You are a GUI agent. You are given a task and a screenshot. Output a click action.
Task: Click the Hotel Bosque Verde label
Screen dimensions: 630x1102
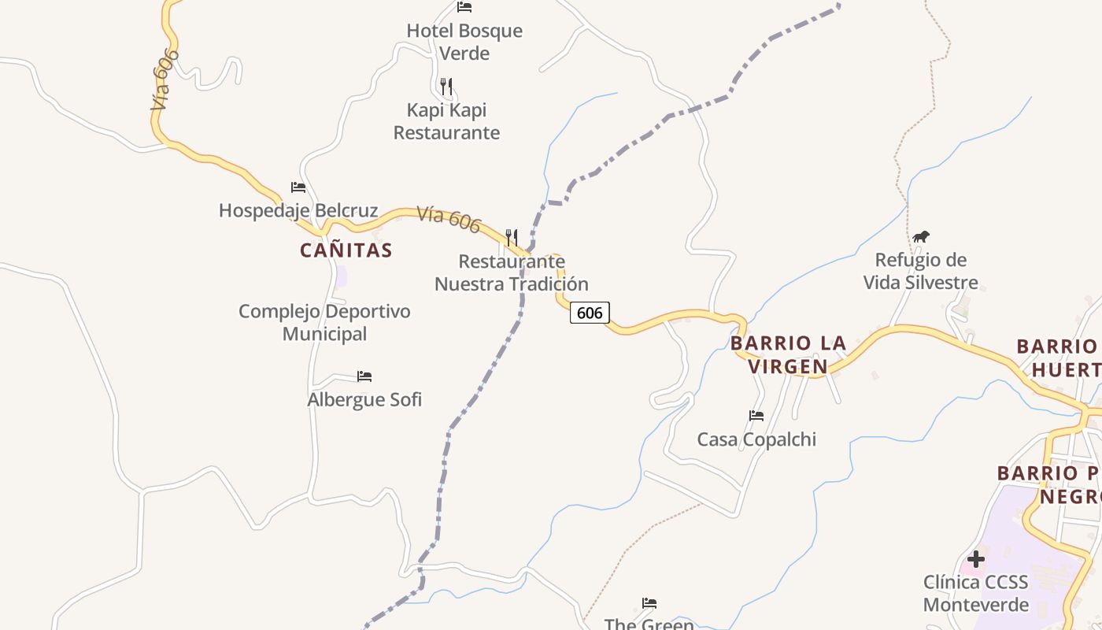pyautogui.click(x=464, y=42)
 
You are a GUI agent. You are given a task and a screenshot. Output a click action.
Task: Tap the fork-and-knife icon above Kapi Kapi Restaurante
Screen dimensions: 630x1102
pyautogui.click(x=446, y=86)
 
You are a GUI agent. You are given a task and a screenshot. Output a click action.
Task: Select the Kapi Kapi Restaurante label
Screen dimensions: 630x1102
pyautogui.click(x=446, y=120)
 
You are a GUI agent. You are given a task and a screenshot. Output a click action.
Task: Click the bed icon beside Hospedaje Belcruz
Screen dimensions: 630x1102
pyautogui.click(x=298, y=187)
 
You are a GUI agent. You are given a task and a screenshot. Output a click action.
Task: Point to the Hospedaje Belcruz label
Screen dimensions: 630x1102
pyautogui.click(x=298, y=211)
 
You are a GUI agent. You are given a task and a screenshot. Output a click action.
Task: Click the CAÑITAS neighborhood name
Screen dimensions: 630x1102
pyautogui.click(x=346, y=250)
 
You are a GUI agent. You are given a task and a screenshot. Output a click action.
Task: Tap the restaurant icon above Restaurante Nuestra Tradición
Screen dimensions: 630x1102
pyautogui.click(x=512, y=236)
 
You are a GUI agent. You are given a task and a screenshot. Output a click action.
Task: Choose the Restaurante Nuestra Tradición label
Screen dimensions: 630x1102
pyautogui.click(x=512, y=272)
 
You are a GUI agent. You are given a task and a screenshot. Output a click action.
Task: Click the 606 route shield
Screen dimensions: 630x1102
pyautogui.click(x=590, y=313)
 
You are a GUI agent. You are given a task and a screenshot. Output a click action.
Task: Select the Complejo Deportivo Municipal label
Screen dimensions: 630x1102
pyautogui.click(x=324, y=322)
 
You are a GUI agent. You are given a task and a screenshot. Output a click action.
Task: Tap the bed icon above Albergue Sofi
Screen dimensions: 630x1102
pyautogui.click(x=364, y=376)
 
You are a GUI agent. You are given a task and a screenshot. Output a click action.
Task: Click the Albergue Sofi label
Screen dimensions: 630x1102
pyautogui.click(x=364, y=400)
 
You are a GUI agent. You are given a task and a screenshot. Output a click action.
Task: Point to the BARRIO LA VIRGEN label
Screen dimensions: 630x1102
pyautogui.click(x=788, y=354)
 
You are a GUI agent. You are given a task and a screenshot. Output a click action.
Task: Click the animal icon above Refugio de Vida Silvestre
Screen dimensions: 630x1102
pyautogui.click(x=921, y=236)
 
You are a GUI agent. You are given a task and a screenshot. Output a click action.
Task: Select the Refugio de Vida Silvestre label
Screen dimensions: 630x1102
pyautogui.click(x=921, y=271)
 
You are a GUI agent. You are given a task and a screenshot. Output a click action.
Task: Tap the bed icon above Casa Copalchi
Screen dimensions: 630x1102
pyautogui.click(x=756, y=416)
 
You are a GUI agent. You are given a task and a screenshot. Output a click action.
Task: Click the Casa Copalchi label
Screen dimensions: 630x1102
pyautogui.click(x=756, y=439)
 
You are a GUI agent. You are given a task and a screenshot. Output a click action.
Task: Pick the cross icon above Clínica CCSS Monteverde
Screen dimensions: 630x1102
pyautogui.click(x=976, y=559)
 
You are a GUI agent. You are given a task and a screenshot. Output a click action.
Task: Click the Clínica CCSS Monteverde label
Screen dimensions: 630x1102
pyautogui.click(x=976, y=594)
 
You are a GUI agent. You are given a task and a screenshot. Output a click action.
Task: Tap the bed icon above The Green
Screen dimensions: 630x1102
pyautogui.click(x=649, y=603)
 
